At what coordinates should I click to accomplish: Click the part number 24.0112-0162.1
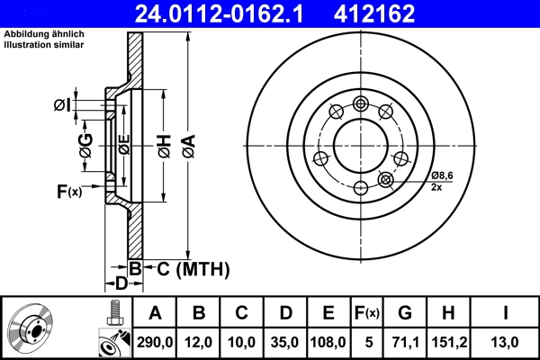233,13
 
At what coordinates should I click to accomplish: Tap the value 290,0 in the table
155,342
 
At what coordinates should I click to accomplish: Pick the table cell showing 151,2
447,342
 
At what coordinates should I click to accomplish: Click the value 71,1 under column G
404,342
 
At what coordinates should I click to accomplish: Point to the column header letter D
285,313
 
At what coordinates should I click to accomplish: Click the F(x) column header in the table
366,313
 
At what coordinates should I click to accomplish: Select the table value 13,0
505,342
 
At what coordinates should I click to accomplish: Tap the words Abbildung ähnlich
44,35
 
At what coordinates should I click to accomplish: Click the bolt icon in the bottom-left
112,315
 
